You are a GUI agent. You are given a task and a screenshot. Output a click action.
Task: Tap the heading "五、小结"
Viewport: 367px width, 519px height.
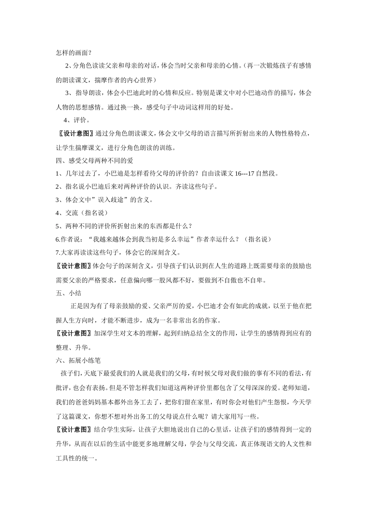point(68,293)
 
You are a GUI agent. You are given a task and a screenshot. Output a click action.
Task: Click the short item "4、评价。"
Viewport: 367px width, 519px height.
point(77,120)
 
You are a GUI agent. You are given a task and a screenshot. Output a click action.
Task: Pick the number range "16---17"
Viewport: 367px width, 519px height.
point(245,173)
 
